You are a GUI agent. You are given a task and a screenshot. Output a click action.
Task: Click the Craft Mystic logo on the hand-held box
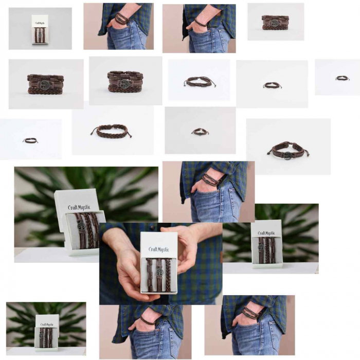pyautogui.click(x=159, y=249)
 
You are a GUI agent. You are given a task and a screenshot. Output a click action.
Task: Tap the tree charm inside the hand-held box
pyautogui.click(x=159, y=272)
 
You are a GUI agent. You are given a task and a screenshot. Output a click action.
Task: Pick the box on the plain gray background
pyautogui.click(x=40, y=29)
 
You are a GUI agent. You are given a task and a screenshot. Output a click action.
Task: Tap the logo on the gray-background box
pyautogui.click(x=40, y=22)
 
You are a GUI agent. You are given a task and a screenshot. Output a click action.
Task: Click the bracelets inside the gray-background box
pyautogui.click(x=40, y=35)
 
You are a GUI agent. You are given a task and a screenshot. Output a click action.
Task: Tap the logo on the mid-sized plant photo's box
pyautogui.click(x=266, y=233)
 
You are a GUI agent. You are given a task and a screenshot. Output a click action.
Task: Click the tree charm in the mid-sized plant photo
pyautogui.click(x=261, y=247)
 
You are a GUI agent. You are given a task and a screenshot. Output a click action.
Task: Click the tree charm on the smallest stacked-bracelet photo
pyautogui.click(x=275, y=23)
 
